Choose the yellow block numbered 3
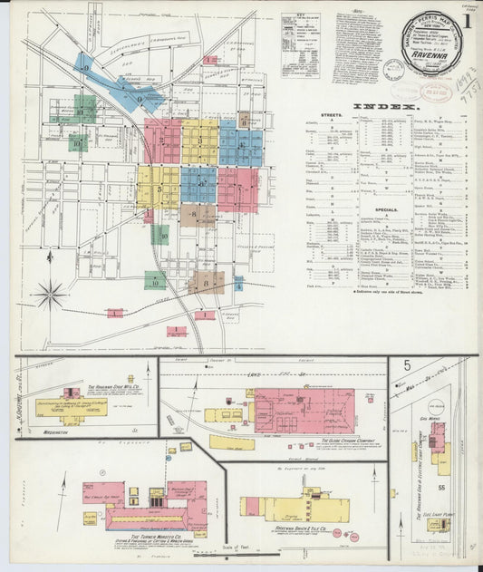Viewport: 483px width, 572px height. click(199, 141)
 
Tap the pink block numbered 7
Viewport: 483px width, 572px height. click(237, 189)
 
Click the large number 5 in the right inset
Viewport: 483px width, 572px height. click(408, 366)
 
